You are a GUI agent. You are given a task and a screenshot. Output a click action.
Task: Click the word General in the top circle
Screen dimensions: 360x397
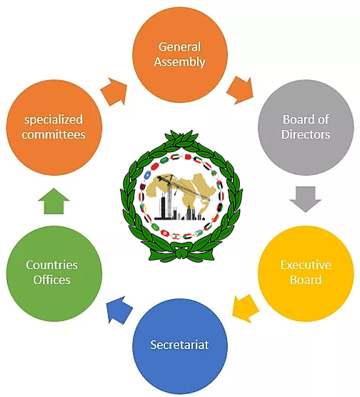point(179,47)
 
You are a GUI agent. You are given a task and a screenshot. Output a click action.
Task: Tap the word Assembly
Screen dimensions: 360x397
point(179,62)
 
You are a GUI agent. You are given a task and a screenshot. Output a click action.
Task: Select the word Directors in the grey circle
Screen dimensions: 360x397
point(306,134)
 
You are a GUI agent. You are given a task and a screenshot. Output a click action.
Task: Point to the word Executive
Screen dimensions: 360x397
point(306,265)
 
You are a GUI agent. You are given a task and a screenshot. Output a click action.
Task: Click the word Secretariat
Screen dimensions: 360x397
point(179,345)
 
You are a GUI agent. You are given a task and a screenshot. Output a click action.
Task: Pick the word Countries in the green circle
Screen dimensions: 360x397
point(51,265)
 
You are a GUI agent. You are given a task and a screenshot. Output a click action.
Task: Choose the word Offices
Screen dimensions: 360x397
point(51,280)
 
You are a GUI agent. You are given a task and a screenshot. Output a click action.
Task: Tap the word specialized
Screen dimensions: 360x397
point(54,120)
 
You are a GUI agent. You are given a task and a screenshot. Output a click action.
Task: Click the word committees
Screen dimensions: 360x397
point(54,134)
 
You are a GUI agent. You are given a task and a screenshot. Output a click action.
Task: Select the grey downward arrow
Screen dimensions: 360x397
point(306,198)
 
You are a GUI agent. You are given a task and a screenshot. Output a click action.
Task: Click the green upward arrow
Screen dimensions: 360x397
point(54,201)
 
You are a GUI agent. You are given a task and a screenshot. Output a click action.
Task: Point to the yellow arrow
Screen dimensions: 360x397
point(245,308)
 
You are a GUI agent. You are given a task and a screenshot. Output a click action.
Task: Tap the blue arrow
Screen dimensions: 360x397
point(119,310)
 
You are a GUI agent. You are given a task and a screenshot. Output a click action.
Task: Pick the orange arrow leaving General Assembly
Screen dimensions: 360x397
point(240,90)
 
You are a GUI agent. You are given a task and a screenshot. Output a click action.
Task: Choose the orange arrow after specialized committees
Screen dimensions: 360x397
point(114,91)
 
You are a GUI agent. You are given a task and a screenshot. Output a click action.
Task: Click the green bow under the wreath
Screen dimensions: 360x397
point(181,252)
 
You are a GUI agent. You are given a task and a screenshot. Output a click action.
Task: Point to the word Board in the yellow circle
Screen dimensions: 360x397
point(306,280)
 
